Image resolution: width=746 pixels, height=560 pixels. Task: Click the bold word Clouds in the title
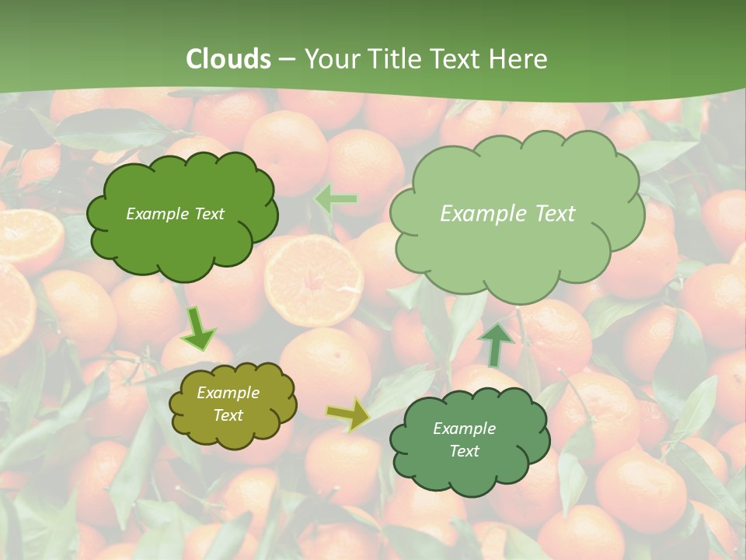point(228,59)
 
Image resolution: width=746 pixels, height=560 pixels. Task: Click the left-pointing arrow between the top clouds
point(336,200)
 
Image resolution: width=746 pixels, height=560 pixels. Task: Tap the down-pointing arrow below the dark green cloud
point(199,328)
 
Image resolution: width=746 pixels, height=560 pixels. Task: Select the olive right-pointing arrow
point(348,415)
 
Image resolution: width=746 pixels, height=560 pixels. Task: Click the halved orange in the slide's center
point(314,279)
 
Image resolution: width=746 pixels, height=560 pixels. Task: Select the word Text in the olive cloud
point(228,415)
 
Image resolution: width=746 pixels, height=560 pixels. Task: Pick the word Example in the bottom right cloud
point(464,429)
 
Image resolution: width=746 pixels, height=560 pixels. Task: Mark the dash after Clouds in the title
point(287,59)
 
